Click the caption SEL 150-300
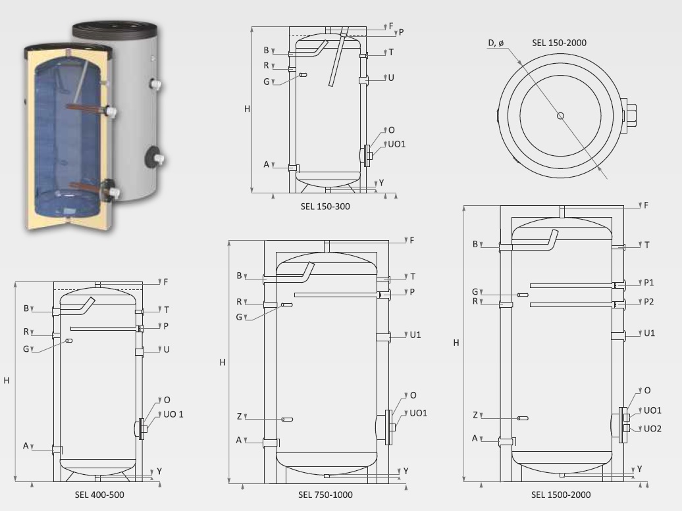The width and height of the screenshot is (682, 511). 325,207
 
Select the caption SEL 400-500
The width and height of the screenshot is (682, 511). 99,495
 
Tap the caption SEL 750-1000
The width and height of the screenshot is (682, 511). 325,495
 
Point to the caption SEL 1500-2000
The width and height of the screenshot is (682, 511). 561,495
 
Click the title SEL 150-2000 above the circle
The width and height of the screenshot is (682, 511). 559,43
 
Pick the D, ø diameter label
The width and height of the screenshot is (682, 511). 496,43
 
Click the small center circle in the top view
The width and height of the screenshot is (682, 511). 561,116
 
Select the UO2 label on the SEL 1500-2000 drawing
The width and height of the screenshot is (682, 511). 652,429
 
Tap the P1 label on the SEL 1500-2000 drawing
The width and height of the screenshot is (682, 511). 649,283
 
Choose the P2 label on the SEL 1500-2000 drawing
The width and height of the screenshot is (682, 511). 649,302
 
